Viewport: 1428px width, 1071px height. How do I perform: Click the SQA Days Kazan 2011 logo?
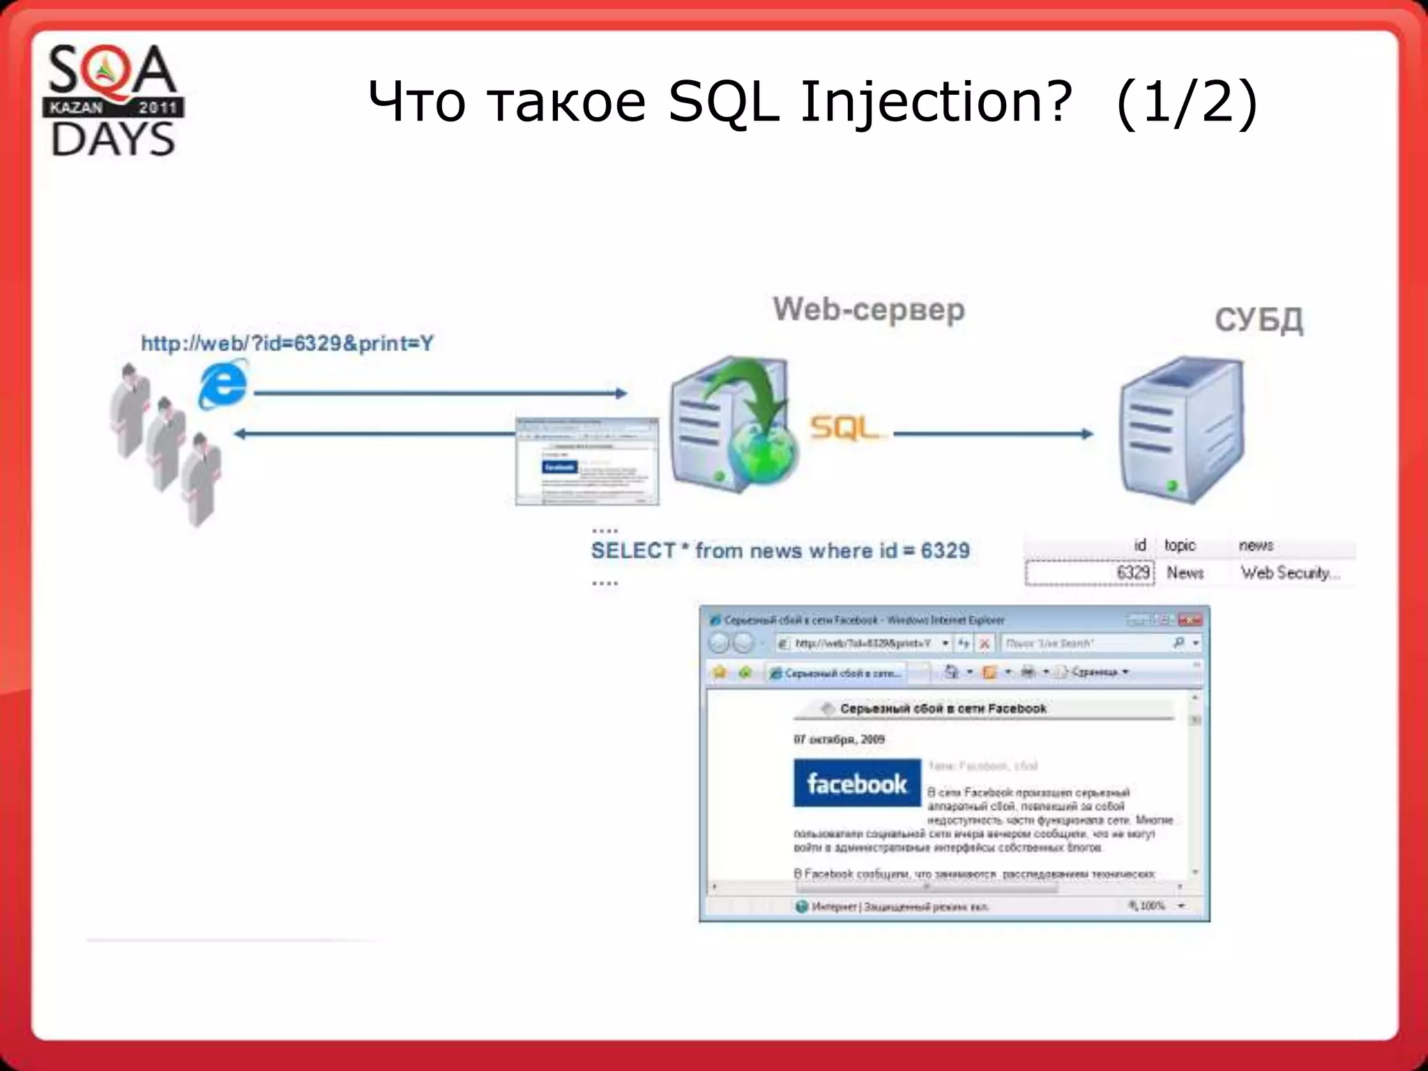click(x=114, y=101)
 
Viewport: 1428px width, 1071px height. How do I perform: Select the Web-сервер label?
click(x=869, y=310)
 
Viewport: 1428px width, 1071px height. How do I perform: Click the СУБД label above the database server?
click(x=1259, y=321)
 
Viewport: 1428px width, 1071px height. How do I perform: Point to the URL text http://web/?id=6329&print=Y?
click(x=287, y=344)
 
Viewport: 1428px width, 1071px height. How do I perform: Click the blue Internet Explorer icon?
click(x=223, y=383)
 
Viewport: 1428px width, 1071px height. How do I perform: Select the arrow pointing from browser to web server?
click(x=439, y=394)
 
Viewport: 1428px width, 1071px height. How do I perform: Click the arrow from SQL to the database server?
click(x=993, y=434)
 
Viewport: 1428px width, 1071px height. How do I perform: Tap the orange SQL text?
click(x=844, y=428)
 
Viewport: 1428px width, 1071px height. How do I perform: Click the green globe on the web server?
click(x=761, y=453)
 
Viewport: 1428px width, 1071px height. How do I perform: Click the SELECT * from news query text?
click(x=780, y=551)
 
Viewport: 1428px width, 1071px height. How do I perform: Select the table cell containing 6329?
click(x=1090, y=573)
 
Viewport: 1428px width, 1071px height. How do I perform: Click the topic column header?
click(x=1180, y=545)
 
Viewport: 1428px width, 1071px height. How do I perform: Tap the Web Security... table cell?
click(x=1290, y=573)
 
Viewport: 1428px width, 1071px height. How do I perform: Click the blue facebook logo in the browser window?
click(x=857, y=783)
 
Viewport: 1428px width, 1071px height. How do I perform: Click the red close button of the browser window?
click(x=1190, y=620)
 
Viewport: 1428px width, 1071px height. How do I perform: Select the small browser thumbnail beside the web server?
click(x=586, y=462)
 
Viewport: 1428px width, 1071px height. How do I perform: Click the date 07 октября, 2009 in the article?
click(x=839, y=739)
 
